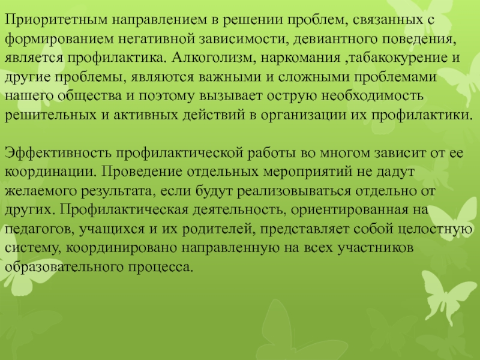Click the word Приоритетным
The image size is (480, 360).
point(56,20)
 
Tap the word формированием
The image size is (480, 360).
point(59,40)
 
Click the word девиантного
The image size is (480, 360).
point(335,40)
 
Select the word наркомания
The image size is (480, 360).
point(301,58)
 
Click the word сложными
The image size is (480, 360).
point(314,77)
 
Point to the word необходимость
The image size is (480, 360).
point(373,96)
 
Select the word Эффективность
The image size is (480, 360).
point(58,153)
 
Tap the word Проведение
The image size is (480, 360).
point(142,172)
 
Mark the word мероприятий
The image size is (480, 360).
point(308,172)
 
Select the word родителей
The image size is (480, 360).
point(218,229)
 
